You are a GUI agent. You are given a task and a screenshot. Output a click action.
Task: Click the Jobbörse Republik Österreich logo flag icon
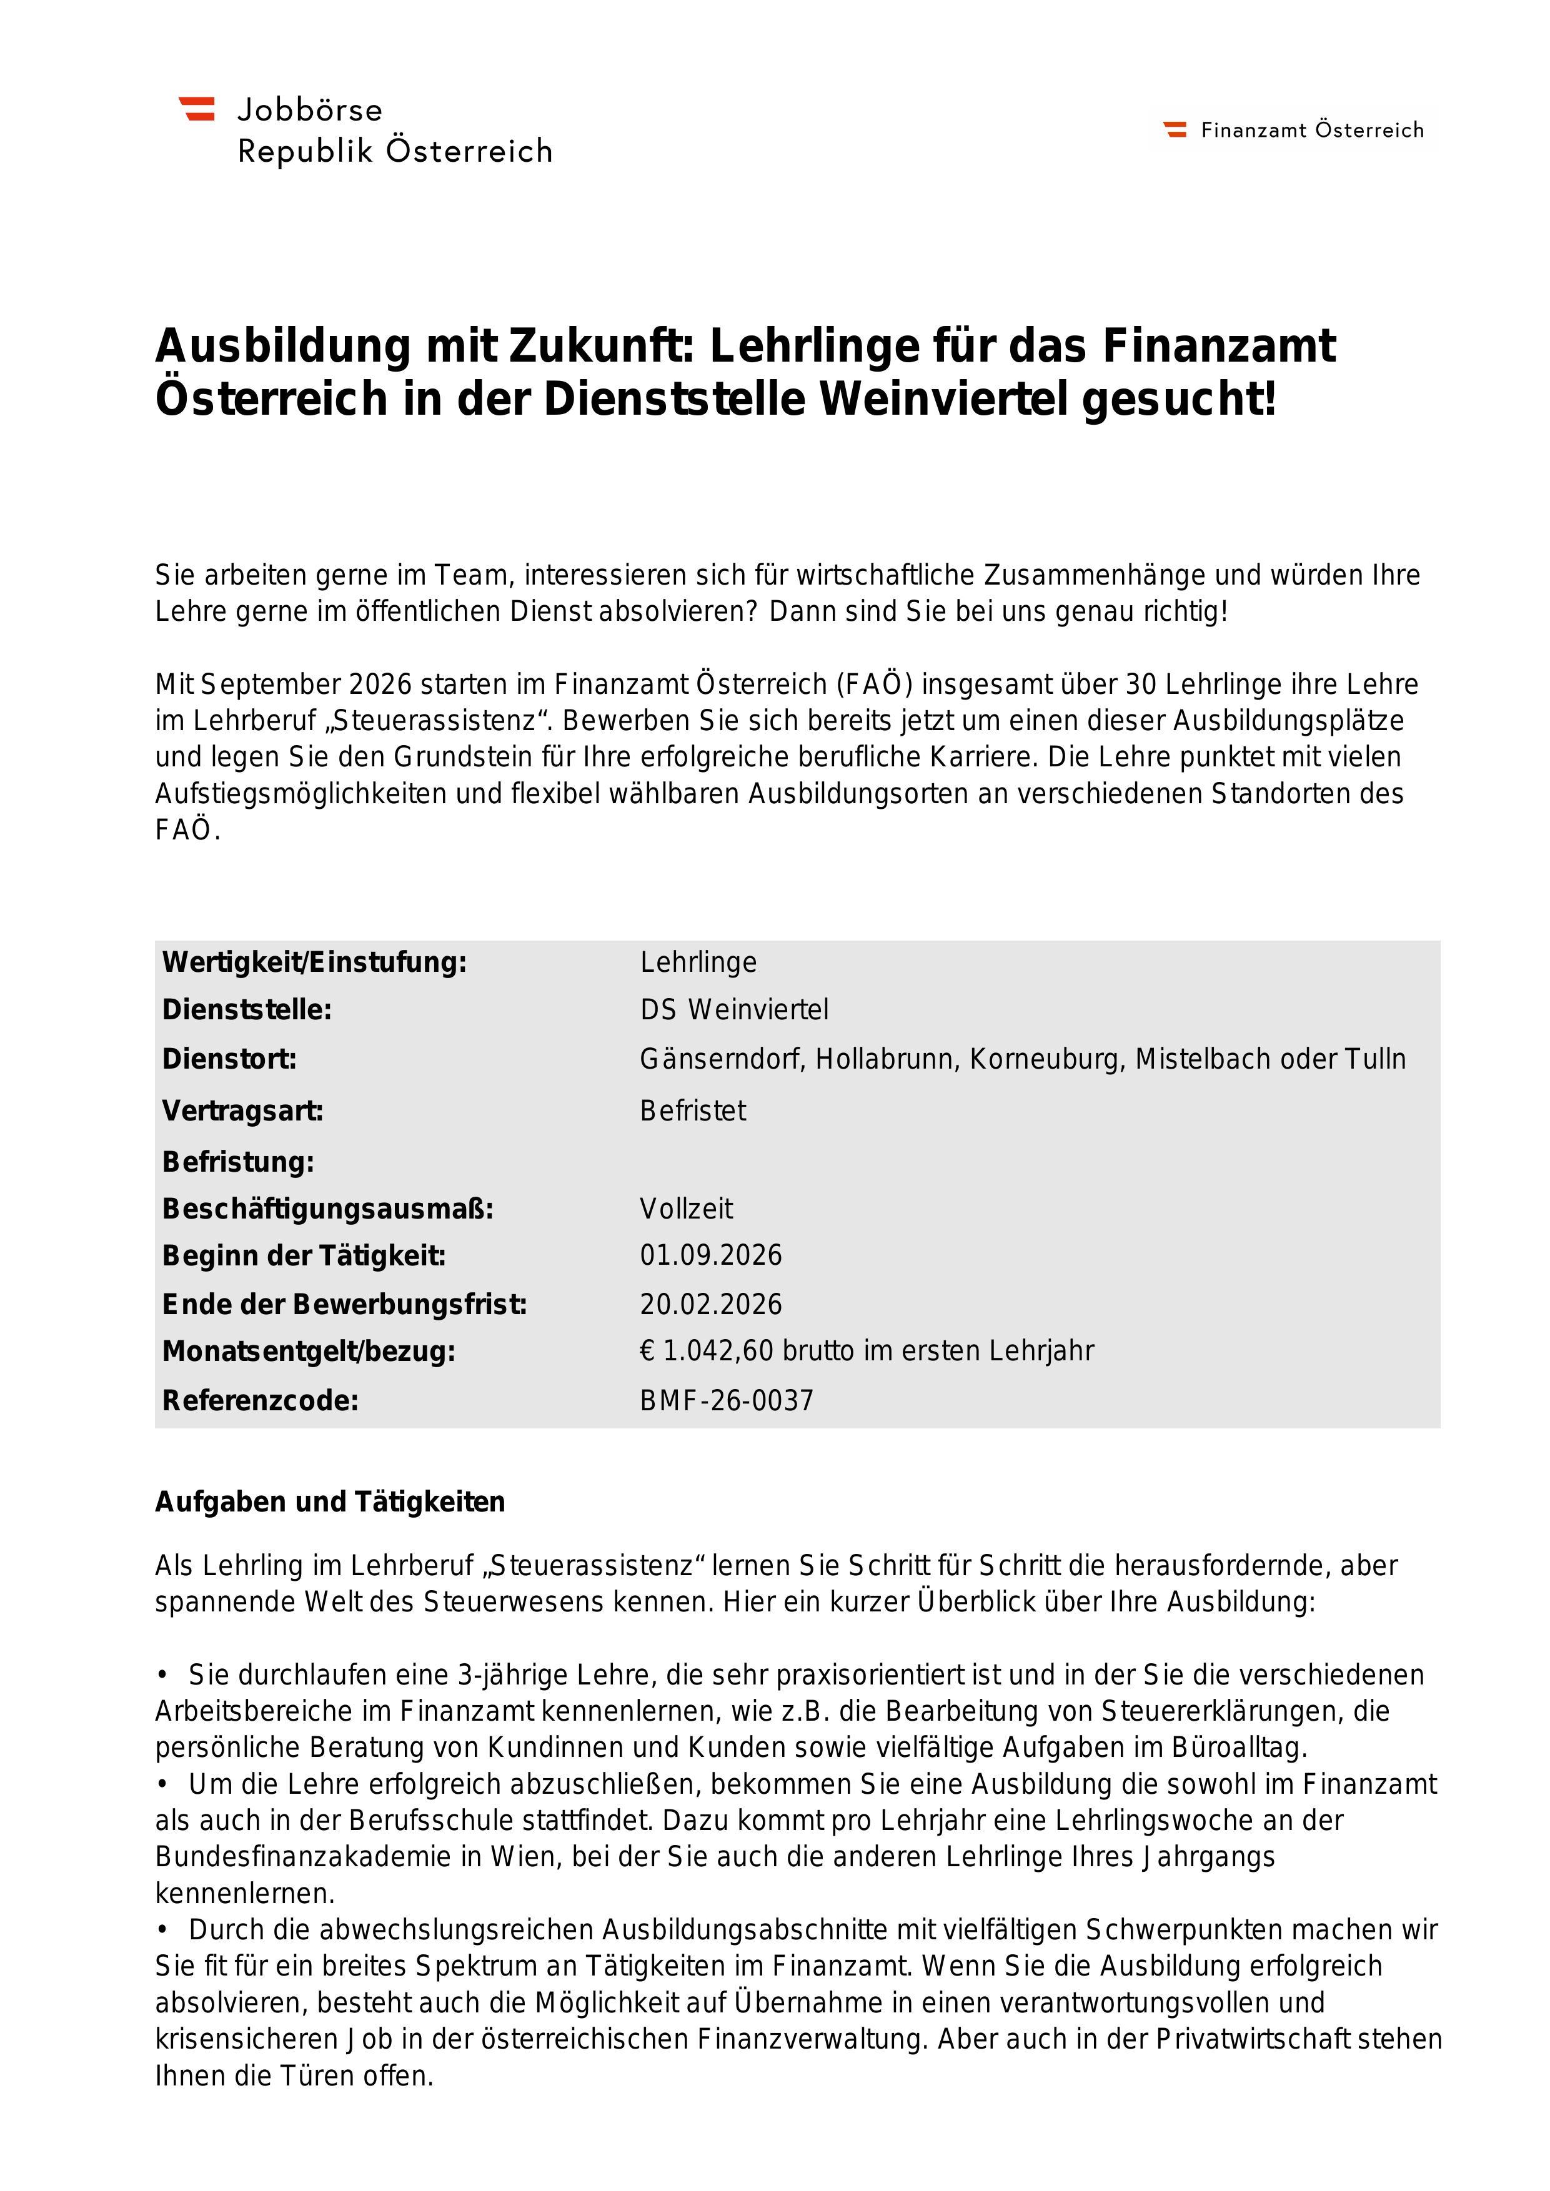point(197,109)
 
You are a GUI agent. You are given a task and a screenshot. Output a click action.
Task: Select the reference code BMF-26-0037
point(727,1401)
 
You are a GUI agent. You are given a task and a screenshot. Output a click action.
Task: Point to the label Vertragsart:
point(242,1110)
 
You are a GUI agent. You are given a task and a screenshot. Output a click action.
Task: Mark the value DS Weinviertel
point(734,1009)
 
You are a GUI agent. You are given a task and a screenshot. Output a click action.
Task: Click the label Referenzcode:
point(260,1401)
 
